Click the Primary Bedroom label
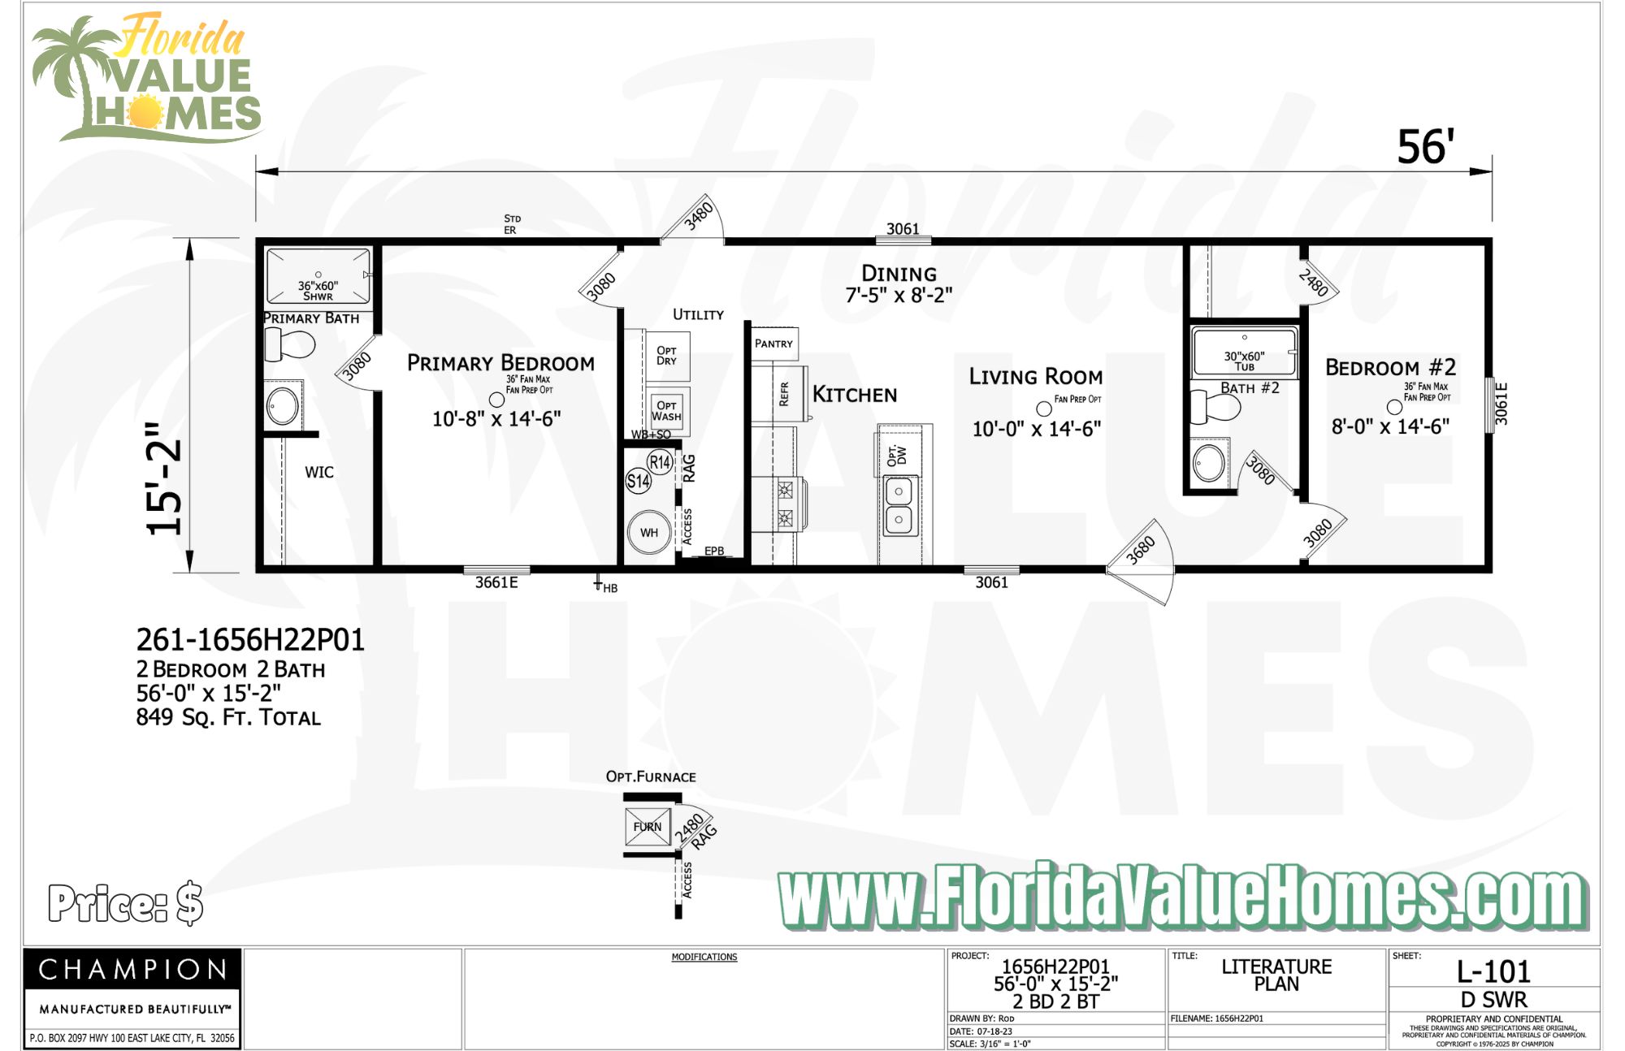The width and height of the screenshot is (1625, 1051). coord(500,363)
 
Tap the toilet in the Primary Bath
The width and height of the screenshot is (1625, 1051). coord(289,345)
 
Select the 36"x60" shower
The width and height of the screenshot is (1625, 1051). coord(318,278)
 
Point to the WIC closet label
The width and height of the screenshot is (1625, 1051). coord(319,473)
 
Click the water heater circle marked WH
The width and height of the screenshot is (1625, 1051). coord(648,533)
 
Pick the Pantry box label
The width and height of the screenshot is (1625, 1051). coord(773,344)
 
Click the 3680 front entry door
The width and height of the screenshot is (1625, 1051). coord(1141,552)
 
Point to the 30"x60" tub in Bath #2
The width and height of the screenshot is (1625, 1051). coord(1244,353)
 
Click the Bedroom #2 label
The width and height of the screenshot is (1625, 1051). coord(1390,368)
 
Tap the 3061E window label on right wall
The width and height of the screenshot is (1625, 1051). coord(1501,404)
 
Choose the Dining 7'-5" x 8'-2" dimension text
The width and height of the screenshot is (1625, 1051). coord(899,296)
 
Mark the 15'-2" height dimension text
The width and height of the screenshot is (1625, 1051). coord(165,479)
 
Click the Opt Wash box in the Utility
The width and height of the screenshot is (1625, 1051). coord(666,411)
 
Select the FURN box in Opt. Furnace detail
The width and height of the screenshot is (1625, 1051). coord(648,827)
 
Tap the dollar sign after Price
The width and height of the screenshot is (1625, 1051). coord(189,903)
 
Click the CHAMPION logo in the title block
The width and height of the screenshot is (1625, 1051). coord(132,969)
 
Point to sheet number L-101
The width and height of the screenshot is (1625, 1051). coord(1493,971)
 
